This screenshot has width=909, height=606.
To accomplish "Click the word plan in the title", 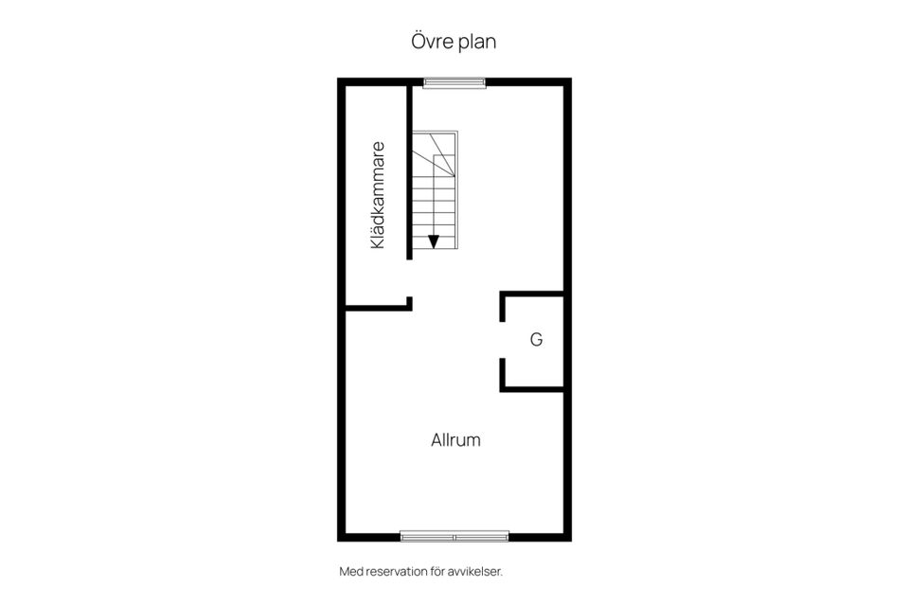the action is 477,43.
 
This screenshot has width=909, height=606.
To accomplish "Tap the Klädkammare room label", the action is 378,195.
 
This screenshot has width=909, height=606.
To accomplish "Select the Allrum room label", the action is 455,439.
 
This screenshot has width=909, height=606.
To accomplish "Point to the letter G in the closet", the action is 536,339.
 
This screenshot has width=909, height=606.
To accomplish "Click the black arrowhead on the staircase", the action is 433,241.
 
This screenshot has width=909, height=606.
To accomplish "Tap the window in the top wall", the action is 454,83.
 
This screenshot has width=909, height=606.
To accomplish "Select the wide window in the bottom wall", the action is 454,537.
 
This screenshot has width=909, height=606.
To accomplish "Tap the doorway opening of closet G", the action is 503,340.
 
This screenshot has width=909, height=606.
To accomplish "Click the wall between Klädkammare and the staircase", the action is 409,172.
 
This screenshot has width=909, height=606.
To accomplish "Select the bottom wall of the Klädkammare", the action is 379,308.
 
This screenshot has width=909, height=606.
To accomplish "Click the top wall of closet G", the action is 531,294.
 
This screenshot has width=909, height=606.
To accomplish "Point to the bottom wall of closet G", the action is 531,388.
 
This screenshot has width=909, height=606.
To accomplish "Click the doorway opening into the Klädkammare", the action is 409,278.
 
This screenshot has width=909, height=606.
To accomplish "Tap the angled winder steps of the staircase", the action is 435,153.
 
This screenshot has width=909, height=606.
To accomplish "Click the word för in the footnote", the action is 437,572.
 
